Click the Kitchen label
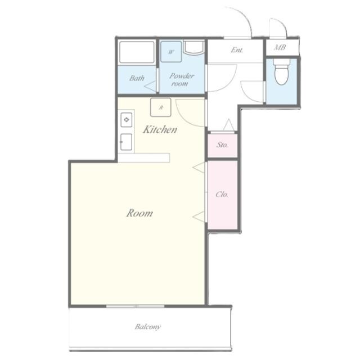coord(160,129)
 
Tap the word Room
coord(139,213)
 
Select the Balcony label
coord(147,327)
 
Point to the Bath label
coord(137,78)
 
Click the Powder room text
coord(181,79)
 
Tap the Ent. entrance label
coord(237,50)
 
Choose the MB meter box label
coord(280,47)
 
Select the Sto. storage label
coord(222,145)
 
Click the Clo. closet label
coord(222,195)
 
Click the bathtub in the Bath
coord(137,52)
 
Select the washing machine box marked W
coord(171,52)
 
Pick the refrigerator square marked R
coord(161,107)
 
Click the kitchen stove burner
coord(126,120)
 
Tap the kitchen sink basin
coord(126,142)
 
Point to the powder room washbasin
coord(193,48)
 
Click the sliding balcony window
coord(136,306)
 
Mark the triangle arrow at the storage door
coord(229,125)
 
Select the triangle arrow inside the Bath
coord(150,86)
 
